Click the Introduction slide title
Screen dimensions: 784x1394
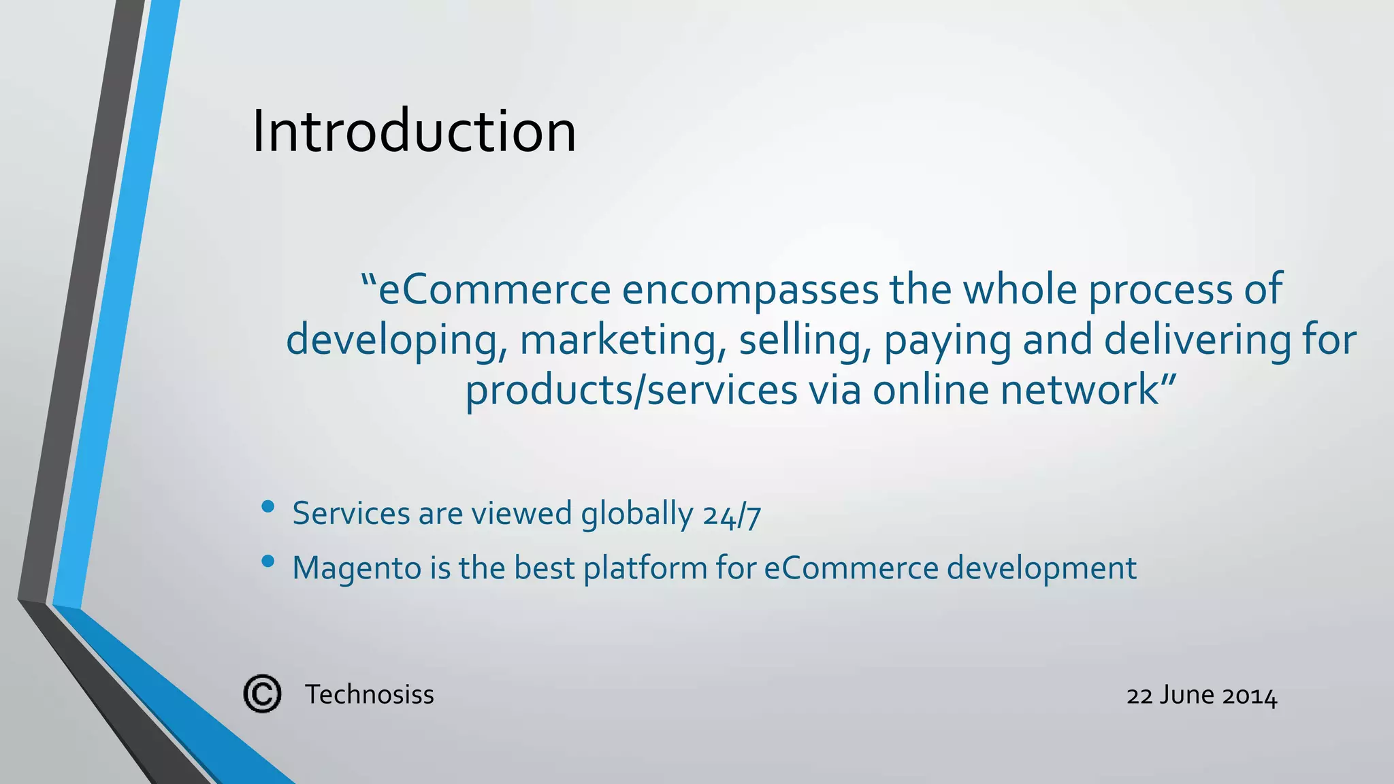414,131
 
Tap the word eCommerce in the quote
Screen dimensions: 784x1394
494,289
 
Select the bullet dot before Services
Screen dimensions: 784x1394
268,506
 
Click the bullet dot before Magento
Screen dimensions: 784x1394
268,561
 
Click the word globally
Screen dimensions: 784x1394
636,514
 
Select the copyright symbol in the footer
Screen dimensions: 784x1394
262,694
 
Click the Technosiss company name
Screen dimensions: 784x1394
370,695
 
